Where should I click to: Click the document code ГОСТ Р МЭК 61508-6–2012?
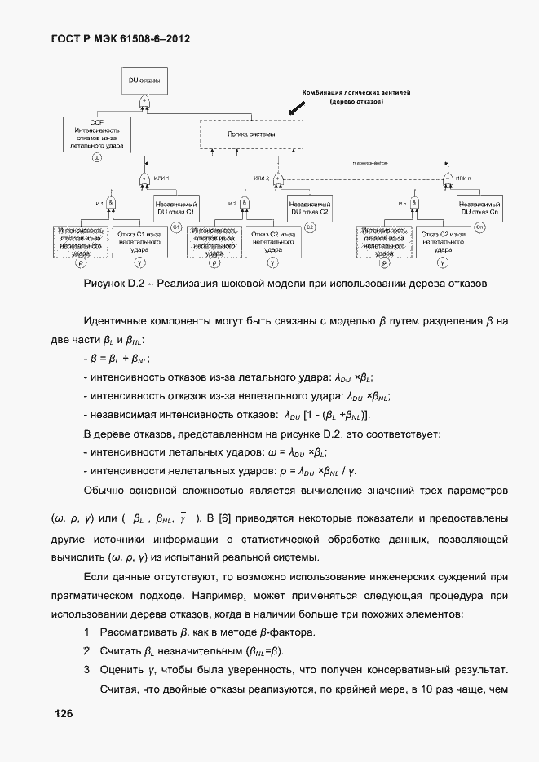coord(122,37)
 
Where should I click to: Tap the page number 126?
coord(64,714)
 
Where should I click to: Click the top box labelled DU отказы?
coord(144,81)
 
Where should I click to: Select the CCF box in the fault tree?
coord(97,134)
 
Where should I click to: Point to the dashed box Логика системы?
coord(250,134)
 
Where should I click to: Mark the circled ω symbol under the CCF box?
coord(97,157)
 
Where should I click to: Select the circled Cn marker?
coord(479,227)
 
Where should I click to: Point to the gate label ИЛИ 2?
coord(261,178)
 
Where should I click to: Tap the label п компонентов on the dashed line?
coord(369,163)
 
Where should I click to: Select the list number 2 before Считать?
coord(86,651)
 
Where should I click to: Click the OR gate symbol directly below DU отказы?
coord(144,101)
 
